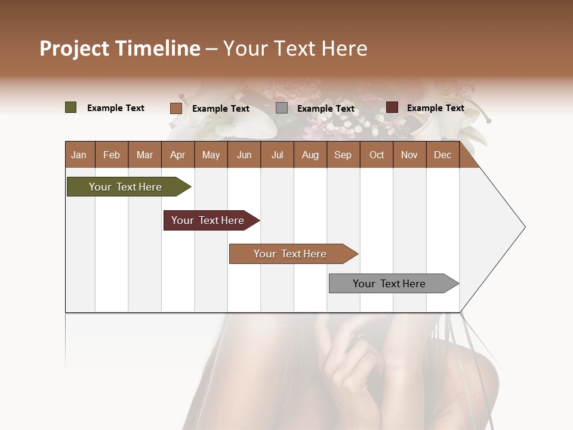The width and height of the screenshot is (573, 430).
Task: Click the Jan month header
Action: [79, 155]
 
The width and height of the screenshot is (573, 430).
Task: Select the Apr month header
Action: [177, 155]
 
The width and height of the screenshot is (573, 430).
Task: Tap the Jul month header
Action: [277, 155]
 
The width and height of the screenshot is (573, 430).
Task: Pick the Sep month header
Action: [343, 155]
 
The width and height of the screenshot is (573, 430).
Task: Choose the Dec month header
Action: [442, 155]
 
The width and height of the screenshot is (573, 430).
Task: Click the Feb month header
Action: [112, 155]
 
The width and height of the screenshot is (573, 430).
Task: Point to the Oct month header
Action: [377, 155]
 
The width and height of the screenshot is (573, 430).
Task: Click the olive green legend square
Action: [70, 107]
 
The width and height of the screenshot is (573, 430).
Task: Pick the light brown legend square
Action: [175, 108]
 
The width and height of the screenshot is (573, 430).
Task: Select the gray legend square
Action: [282, 108]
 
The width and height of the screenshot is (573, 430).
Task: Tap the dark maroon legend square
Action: [392, 107]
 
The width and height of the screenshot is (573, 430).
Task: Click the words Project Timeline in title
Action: [120, 48]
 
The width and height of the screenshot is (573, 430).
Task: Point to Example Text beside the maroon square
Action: [435, 108]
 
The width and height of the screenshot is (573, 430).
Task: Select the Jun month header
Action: [244, 155]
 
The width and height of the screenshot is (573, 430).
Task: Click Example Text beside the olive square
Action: [115, 108]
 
